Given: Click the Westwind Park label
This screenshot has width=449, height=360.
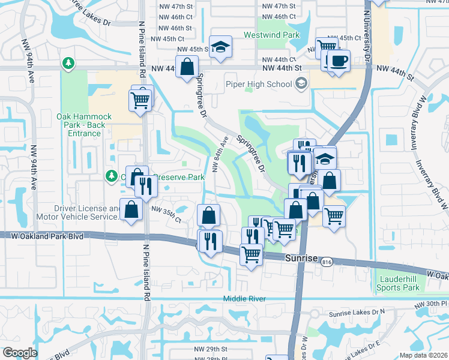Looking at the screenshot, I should [x=271, y=35].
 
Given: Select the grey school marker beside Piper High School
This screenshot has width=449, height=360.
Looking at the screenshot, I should [x=301, y=84].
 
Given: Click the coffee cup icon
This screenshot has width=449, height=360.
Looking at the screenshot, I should [x=339, y=61].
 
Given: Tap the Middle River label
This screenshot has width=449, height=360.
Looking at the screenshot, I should [x=243, y=299].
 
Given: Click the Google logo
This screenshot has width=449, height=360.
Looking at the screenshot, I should [x=20, y=352].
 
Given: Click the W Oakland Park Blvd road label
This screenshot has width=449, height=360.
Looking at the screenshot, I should [x=47, y=236].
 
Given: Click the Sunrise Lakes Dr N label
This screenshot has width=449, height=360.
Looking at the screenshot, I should [x=356, y=313].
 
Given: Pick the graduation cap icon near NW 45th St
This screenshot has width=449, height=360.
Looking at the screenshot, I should [x=221, y=48].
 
